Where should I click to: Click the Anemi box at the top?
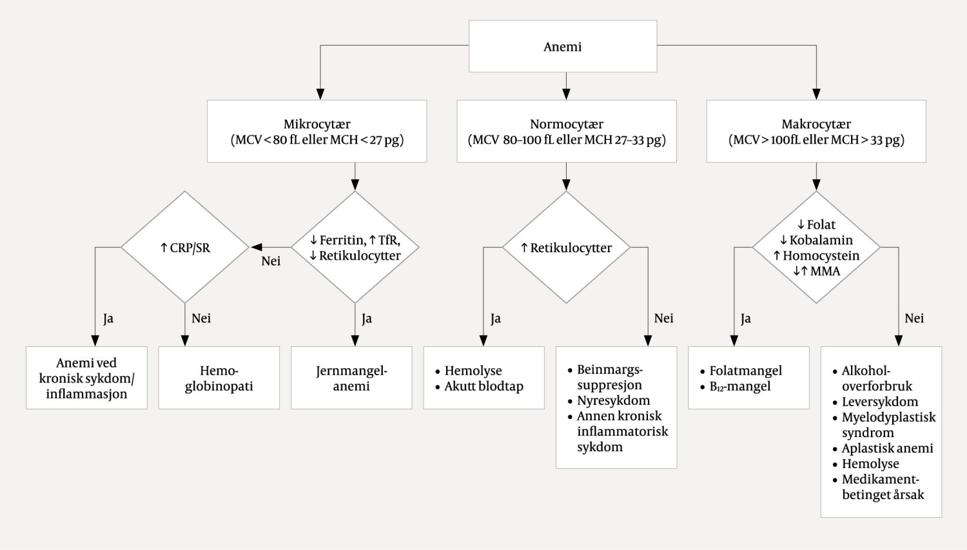562,46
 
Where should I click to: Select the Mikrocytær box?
317,132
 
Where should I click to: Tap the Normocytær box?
566,132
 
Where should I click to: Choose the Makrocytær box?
816,132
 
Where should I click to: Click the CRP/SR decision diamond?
185,248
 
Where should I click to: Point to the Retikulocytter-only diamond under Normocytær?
566,248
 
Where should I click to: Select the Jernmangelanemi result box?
351,378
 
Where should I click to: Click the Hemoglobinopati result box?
219,378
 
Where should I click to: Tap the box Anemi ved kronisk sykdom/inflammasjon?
86,378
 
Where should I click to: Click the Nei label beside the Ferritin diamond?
271,261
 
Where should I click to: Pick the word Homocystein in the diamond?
821,255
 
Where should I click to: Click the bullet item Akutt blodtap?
484,386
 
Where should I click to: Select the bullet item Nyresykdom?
613,400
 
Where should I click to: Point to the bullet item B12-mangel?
739,386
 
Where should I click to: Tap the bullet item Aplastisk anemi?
887,448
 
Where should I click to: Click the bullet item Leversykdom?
879,402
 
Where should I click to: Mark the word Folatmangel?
745,371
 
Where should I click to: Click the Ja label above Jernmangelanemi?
366,319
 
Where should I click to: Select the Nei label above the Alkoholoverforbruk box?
914,319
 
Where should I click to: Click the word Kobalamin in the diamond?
821,240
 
